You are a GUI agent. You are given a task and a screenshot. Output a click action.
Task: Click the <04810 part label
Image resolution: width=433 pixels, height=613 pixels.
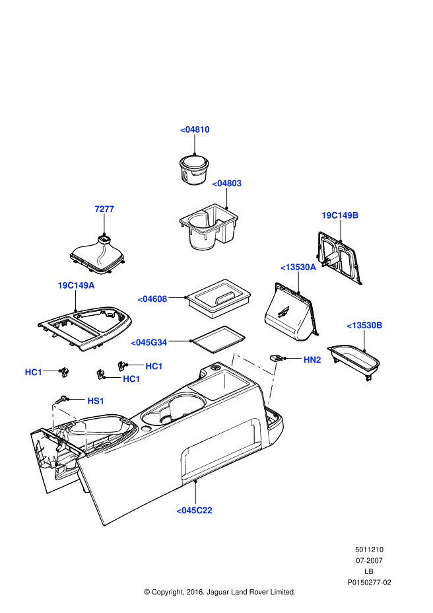(195, 129)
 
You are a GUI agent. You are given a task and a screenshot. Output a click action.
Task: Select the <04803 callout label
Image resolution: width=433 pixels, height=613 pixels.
(226, 183)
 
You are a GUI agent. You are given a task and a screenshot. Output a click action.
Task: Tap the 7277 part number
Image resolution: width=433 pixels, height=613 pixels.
(104, 209)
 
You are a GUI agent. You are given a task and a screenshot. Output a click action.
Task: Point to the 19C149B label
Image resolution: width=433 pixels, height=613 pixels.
(340, 215)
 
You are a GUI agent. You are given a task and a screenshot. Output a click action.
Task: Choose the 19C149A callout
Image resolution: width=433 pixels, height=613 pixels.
(76, 285)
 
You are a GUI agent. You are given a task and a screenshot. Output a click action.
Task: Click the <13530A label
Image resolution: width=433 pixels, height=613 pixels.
(298, 267)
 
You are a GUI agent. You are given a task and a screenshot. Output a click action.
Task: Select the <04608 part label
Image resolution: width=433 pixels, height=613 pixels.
(152, 299)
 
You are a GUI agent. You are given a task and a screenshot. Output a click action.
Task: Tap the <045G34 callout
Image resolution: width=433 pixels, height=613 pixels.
(149, 342)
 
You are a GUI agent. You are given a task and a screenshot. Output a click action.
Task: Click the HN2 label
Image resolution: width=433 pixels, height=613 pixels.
(312, 359)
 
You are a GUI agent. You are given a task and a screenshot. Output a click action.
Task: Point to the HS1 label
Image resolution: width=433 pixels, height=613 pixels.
(96, 401)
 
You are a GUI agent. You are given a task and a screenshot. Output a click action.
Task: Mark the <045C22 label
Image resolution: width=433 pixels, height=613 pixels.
(194, 510)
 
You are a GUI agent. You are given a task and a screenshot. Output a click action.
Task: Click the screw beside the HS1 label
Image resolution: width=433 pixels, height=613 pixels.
(63, 399)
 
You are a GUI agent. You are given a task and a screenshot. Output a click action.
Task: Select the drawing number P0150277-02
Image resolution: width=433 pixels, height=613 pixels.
(370, 583)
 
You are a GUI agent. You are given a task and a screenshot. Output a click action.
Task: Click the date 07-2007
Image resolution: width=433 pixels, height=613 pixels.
(369, 560)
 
